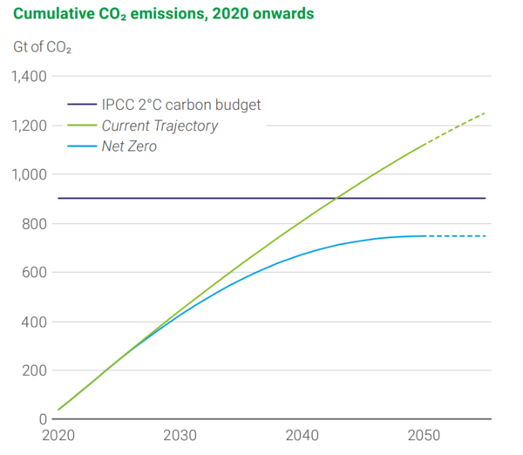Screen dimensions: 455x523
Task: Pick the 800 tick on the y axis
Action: (35, 224)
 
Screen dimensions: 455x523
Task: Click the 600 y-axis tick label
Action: (35, 273)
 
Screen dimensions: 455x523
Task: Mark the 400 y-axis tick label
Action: (35, 322)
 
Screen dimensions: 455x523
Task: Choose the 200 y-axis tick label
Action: (35, 370)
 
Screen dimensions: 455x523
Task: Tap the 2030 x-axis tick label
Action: (180, 436)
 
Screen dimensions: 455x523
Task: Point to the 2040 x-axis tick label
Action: (302, 436)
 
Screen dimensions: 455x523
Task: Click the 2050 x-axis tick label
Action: (425, 436)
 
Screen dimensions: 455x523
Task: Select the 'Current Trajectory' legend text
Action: (166, 126)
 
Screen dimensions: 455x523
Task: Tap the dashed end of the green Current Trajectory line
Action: (455, 128)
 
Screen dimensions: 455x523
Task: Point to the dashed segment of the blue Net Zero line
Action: (455, 236)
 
